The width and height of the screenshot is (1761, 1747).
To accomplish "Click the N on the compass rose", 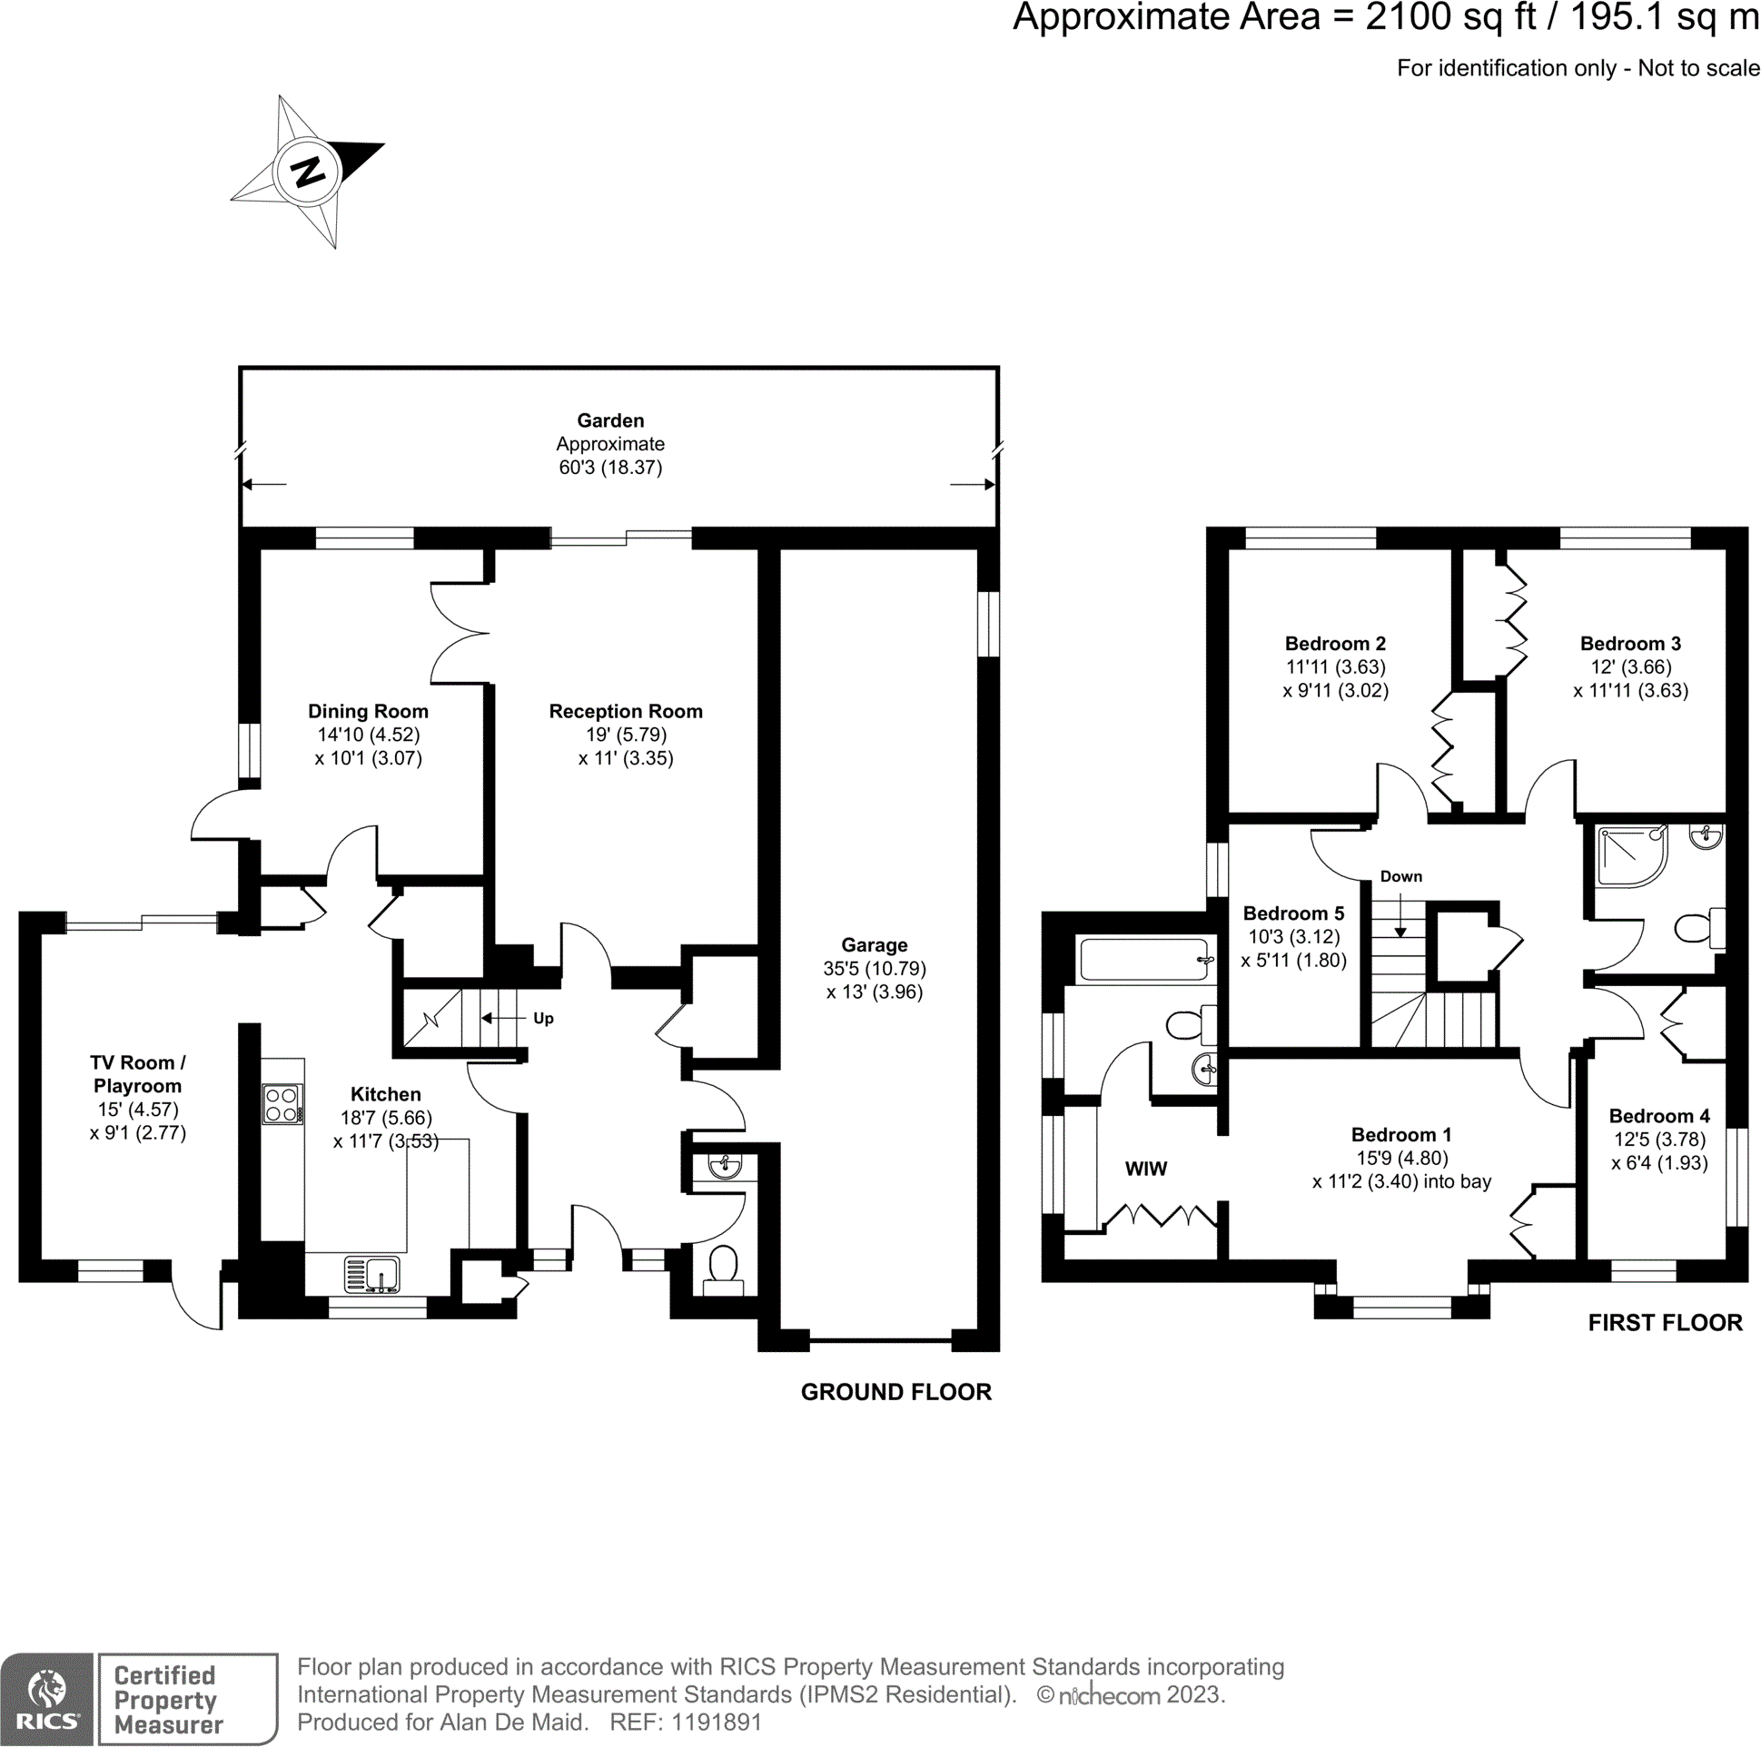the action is click(307, 172).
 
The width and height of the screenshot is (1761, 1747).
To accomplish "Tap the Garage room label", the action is click(874, 945).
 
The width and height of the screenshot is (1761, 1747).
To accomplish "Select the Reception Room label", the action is click(625, 711).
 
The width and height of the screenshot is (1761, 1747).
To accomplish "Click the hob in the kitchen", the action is click(282, 1103).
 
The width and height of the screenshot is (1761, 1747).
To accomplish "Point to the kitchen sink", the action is click(371, 1274).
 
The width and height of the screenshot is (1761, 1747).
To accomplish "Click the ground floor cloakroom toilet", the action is click(723, 1265).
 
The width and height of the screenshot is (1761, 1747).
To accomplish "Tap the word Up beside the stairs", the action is click(543, 1018).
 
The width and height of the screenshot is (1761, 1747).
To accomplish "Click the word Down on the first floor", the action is click(1401, 876).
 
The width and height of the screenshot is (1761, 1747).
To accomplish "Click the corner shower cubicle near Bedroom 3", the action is click(1629, 854).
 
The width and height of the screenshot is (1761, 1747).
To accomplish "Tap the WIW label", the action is click(1146, 1169).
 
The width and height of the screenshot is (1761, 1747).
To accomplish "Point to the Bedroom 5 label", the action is click(1293, 913).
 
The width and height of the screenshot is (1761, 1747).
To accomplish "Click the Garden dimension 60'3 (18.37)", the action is click(610, 468).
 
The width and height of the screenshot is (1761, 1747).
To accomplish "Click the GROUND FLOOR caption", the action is click(896, 1392).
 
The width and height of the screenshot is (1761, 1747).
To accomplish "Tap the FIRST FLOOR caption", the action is click(1665, 1322).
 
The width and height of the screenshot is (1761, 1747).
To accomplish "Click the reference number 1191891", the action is click(716, 1722).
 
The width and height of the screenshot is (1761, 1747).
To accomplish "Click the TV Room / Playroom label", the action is click(138, 1073).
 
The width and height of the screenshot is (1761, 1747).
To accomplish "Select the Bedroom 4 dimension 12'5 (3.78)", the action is click(1659, 1140).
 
